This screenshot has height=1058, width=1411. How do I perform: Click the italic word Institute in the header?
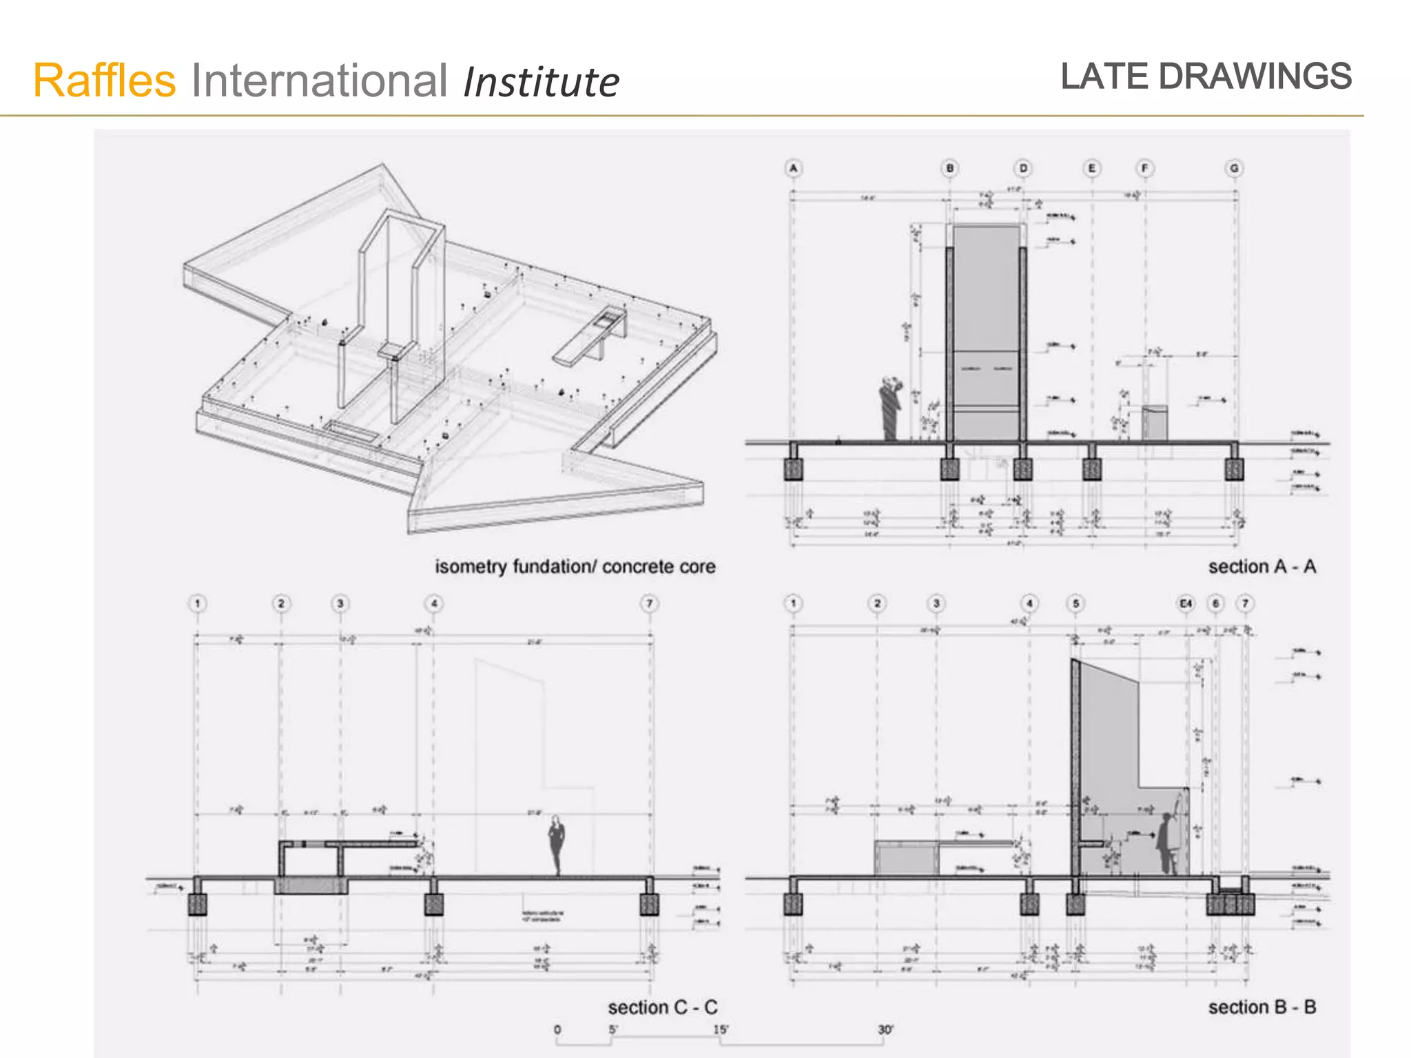click(541, 83)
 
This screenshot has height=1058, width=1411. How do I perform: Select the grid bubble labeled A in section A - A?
click(793, 168)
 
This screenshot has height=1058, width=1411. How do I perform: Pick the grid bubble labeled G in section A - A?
click(1233, 168)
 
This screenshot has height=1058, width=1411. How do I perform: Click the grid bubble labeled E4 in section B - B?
click(1185, 604)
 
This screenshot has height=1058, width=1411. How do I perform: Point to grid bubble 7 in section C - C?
click(649, 604)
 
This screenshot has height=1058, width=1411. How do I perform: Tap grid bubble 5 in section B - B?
click(1075, 604)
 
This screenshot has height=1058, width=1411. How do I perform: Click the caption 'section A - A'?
click(1261, 567)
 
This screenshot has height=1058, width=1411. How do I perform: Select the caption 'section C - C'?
click(662, 1008)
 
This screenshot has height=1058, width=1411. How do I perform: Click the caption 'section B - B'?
click(1261, 1008)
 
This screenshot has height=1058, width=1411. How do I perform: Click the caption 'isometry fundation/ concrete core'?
click(575, 567)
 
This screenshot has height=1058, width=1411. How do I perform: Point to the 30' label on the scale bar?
click(885, 1030)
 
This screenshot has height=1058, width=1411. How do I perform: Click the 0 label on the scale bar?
click(557, 1030)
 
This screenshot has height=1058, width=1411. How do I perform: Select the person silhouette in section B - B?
click(1165, 844)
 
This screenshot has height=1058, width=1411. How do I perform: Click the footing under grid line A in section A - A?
click(794, 469)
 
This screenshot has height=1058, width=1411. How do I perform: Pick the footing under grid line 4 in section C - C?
click(433, 904)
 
